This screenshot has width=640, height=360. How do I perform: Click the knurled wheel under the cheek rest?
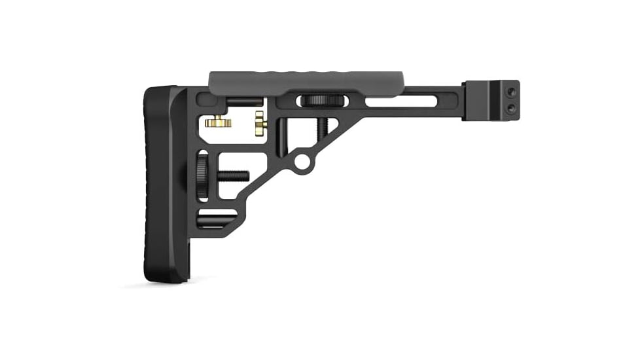pos(320,100)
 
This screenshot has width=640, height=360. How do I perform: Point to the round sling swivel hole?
pos(302,160)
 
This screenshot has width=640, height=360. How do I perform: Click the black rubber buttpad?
pos(160,183)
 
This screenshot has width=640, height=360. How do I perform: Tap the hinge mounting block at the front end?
pos(491,99)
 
